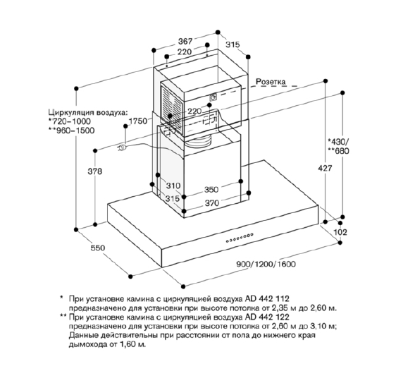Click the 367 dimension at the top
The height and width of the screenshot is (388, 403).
pos(185,41)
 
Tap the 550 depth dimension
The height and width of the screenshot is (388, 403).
pos(98,248)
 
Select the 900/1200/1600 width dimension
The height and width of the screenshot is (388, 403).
pos(266,264)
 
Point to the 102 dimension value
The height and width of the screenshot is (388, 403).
pos(340,232)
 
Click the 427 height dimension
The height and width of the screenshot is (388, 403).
pos(325,169)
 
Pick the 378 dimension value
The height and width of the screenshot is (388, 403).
pos(95,171)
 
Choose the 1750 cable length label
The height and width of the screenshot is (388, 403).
pos(138,121)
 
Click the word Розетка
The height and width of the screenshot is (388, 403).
pos(271,82)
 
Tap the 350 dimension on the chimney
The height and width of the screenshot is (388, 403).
pos(211,190)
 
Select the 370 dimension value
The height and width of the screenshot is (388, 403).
pos(212,203)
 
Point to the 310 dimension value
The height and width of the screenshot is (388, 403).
pos(173,186)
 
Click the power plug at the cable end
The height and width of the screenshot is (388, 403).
pos(122,147)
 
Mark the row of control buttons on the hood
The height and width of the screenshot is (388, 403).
pos(240,238)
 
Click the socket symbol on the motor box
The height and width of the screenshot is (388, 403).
pos(213,97)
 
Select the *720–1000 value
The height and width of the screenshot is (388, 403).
pos(69,121)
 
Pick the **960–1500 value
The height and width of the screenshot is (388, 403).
pos(71,131)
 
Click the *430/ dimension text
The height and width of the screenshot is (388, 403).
pos(338,141)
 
